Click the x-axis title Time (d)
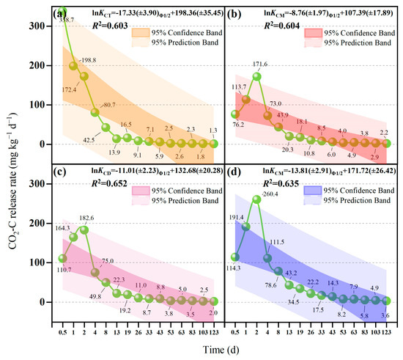(225, 350)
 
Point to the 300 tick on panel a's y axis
(44, 26)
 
